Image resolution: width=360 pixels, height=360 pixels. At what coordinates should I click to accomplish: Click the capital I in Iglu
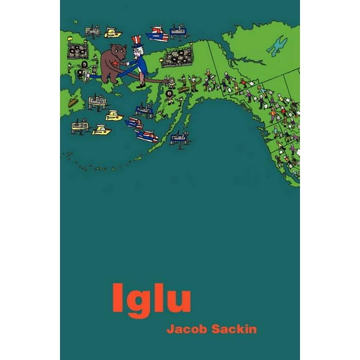117,298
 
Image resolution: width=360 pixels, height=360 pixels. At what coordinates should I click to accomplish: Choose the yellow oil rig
114,116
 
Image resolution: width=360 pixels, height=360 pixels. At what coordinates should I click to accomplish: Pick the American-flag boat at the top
156,33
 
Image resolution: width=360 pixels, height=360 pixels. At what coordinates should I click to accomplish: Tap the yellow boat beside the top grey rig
112,31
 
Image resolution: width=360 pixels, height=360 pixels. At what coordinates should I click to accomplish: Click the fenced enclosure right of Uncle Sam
177,58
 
